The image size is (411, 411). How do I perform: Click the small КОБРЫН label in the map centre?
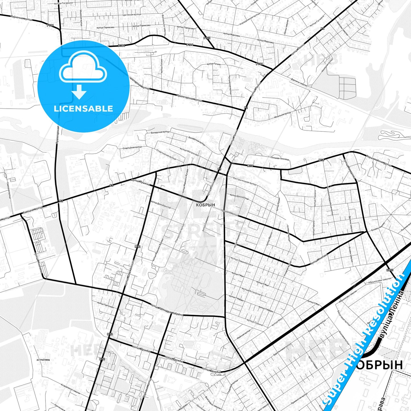205,205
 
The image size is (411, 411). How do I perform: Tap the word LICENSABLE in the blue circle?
83,108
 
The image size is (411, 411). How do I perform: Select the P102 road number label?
207,38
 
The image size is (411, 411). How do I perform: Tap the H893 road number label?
390,270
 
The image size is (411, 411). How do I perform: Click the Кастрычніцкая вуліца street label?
245,181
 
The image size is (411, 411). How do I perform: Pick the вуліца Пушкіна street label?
141,182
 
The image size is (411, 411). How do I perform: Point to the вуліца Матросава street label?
189,152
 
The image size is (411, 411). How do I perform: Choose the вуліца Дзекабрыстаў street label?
161,205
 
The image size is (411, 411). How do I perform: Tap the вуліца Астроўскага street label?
252,292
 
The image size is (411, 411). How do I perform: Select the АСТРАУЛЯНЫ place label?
43,360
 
